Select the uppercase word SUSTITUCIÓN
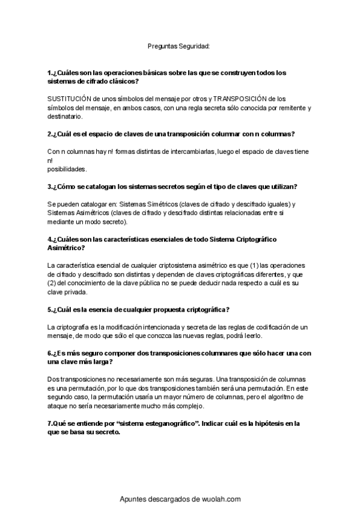(68, 98)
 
